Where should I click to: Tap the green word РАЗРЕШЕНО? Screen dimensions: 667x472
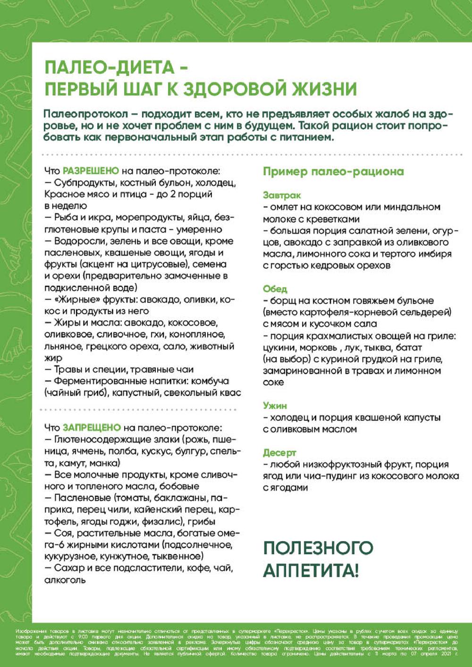(91, 171)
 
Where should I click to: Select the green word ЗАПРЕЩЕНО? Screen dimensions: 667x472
(92, 427)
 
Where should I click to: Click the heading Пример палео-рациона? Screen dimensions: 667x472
(333, 171)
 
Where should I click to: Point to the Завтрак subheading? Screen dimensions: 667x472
(282, 195)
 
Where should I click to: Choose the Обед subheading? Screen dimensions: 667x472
(275, 289)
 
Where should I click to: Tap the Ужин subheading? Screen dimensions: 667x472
(275, 405)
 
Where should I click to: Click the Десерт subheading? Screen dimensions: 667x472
(279, 452)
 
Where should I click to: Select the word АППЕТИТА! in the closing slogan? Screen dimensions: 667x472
(311, 571)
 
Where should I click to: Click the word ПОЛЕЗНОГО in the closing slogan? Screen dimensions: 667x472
(318, 548)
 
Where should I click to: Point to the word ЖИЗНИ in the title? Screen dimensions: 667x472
(326, 89)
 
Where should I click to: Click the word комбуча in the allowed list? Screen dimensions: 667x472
(211, 381)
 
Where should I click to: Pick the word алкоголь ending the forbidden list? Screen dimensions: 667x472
(65, 580)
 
